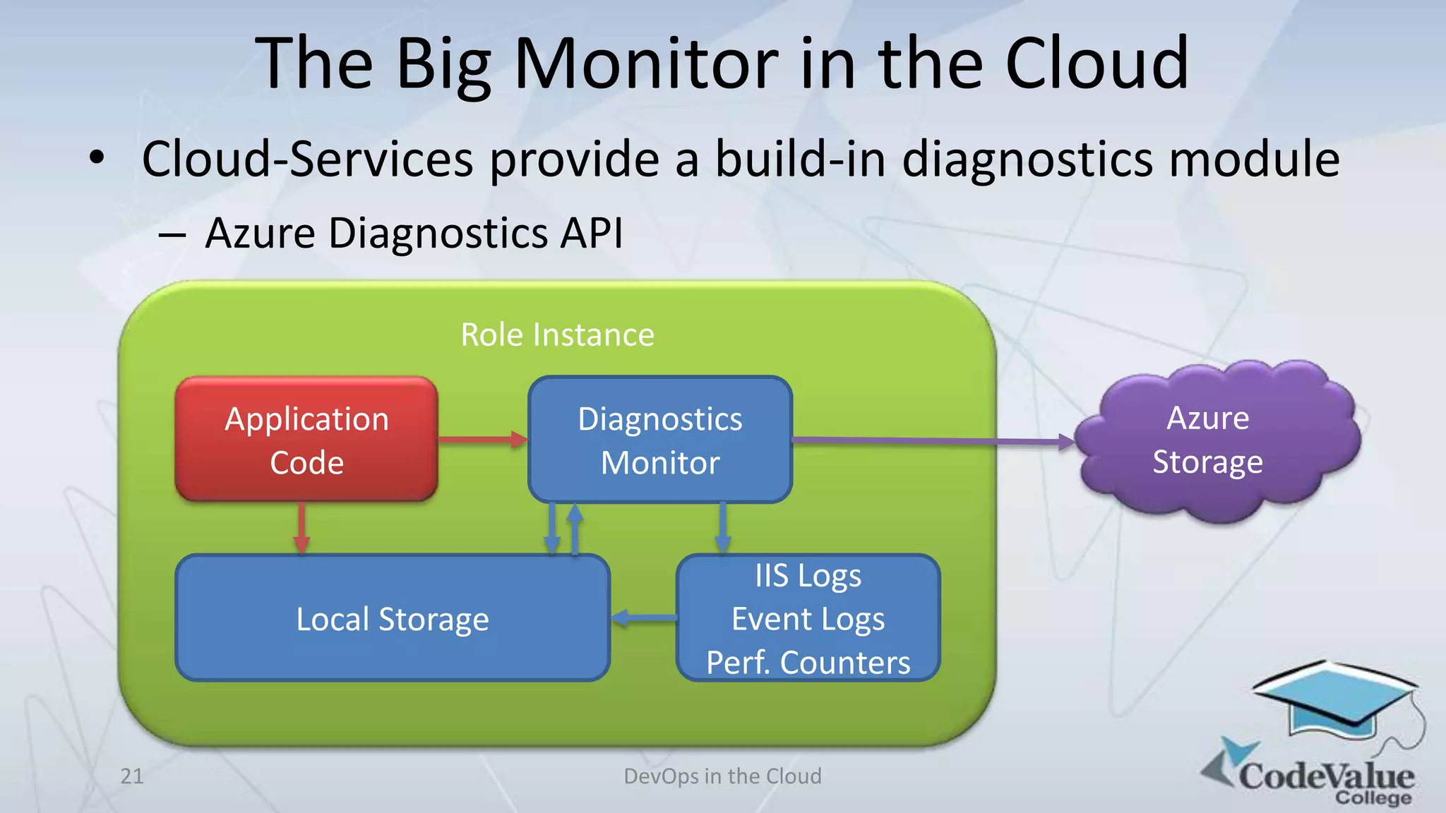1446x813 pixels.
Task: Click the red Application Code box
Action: point(306,440)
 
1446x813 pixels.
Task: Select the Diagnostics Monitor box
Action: point(660,440)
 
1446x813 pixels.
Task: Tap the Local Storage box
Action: point(392,619)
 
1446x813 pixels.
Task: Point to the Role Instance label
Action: point(557,335)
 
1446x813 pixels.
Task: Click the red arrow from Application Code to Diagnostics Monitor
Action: point(482,440)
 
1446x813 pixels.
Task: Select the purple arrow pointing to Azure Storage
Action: point(932,441)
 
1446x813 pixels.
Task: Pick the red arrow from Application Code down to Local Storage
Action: point(301,528)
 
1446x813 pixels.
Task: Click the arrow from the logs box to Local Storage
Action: point(643,618)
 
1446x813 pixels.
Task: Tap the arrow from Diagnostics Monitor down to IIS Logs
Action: point(722,528)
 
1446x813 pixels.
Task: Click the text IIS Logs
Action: point(808,576)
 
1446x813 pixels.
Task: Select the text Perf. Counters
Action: point(808,662)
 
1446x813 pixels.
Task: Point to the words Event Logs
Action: point(808,619)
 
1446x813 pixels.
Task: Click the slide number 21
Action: point(132,776)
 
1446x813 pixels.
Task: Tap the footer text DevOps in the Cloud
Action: point(722,776)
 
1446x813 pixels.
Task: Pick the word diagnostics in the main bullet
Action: point(1027,159)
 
